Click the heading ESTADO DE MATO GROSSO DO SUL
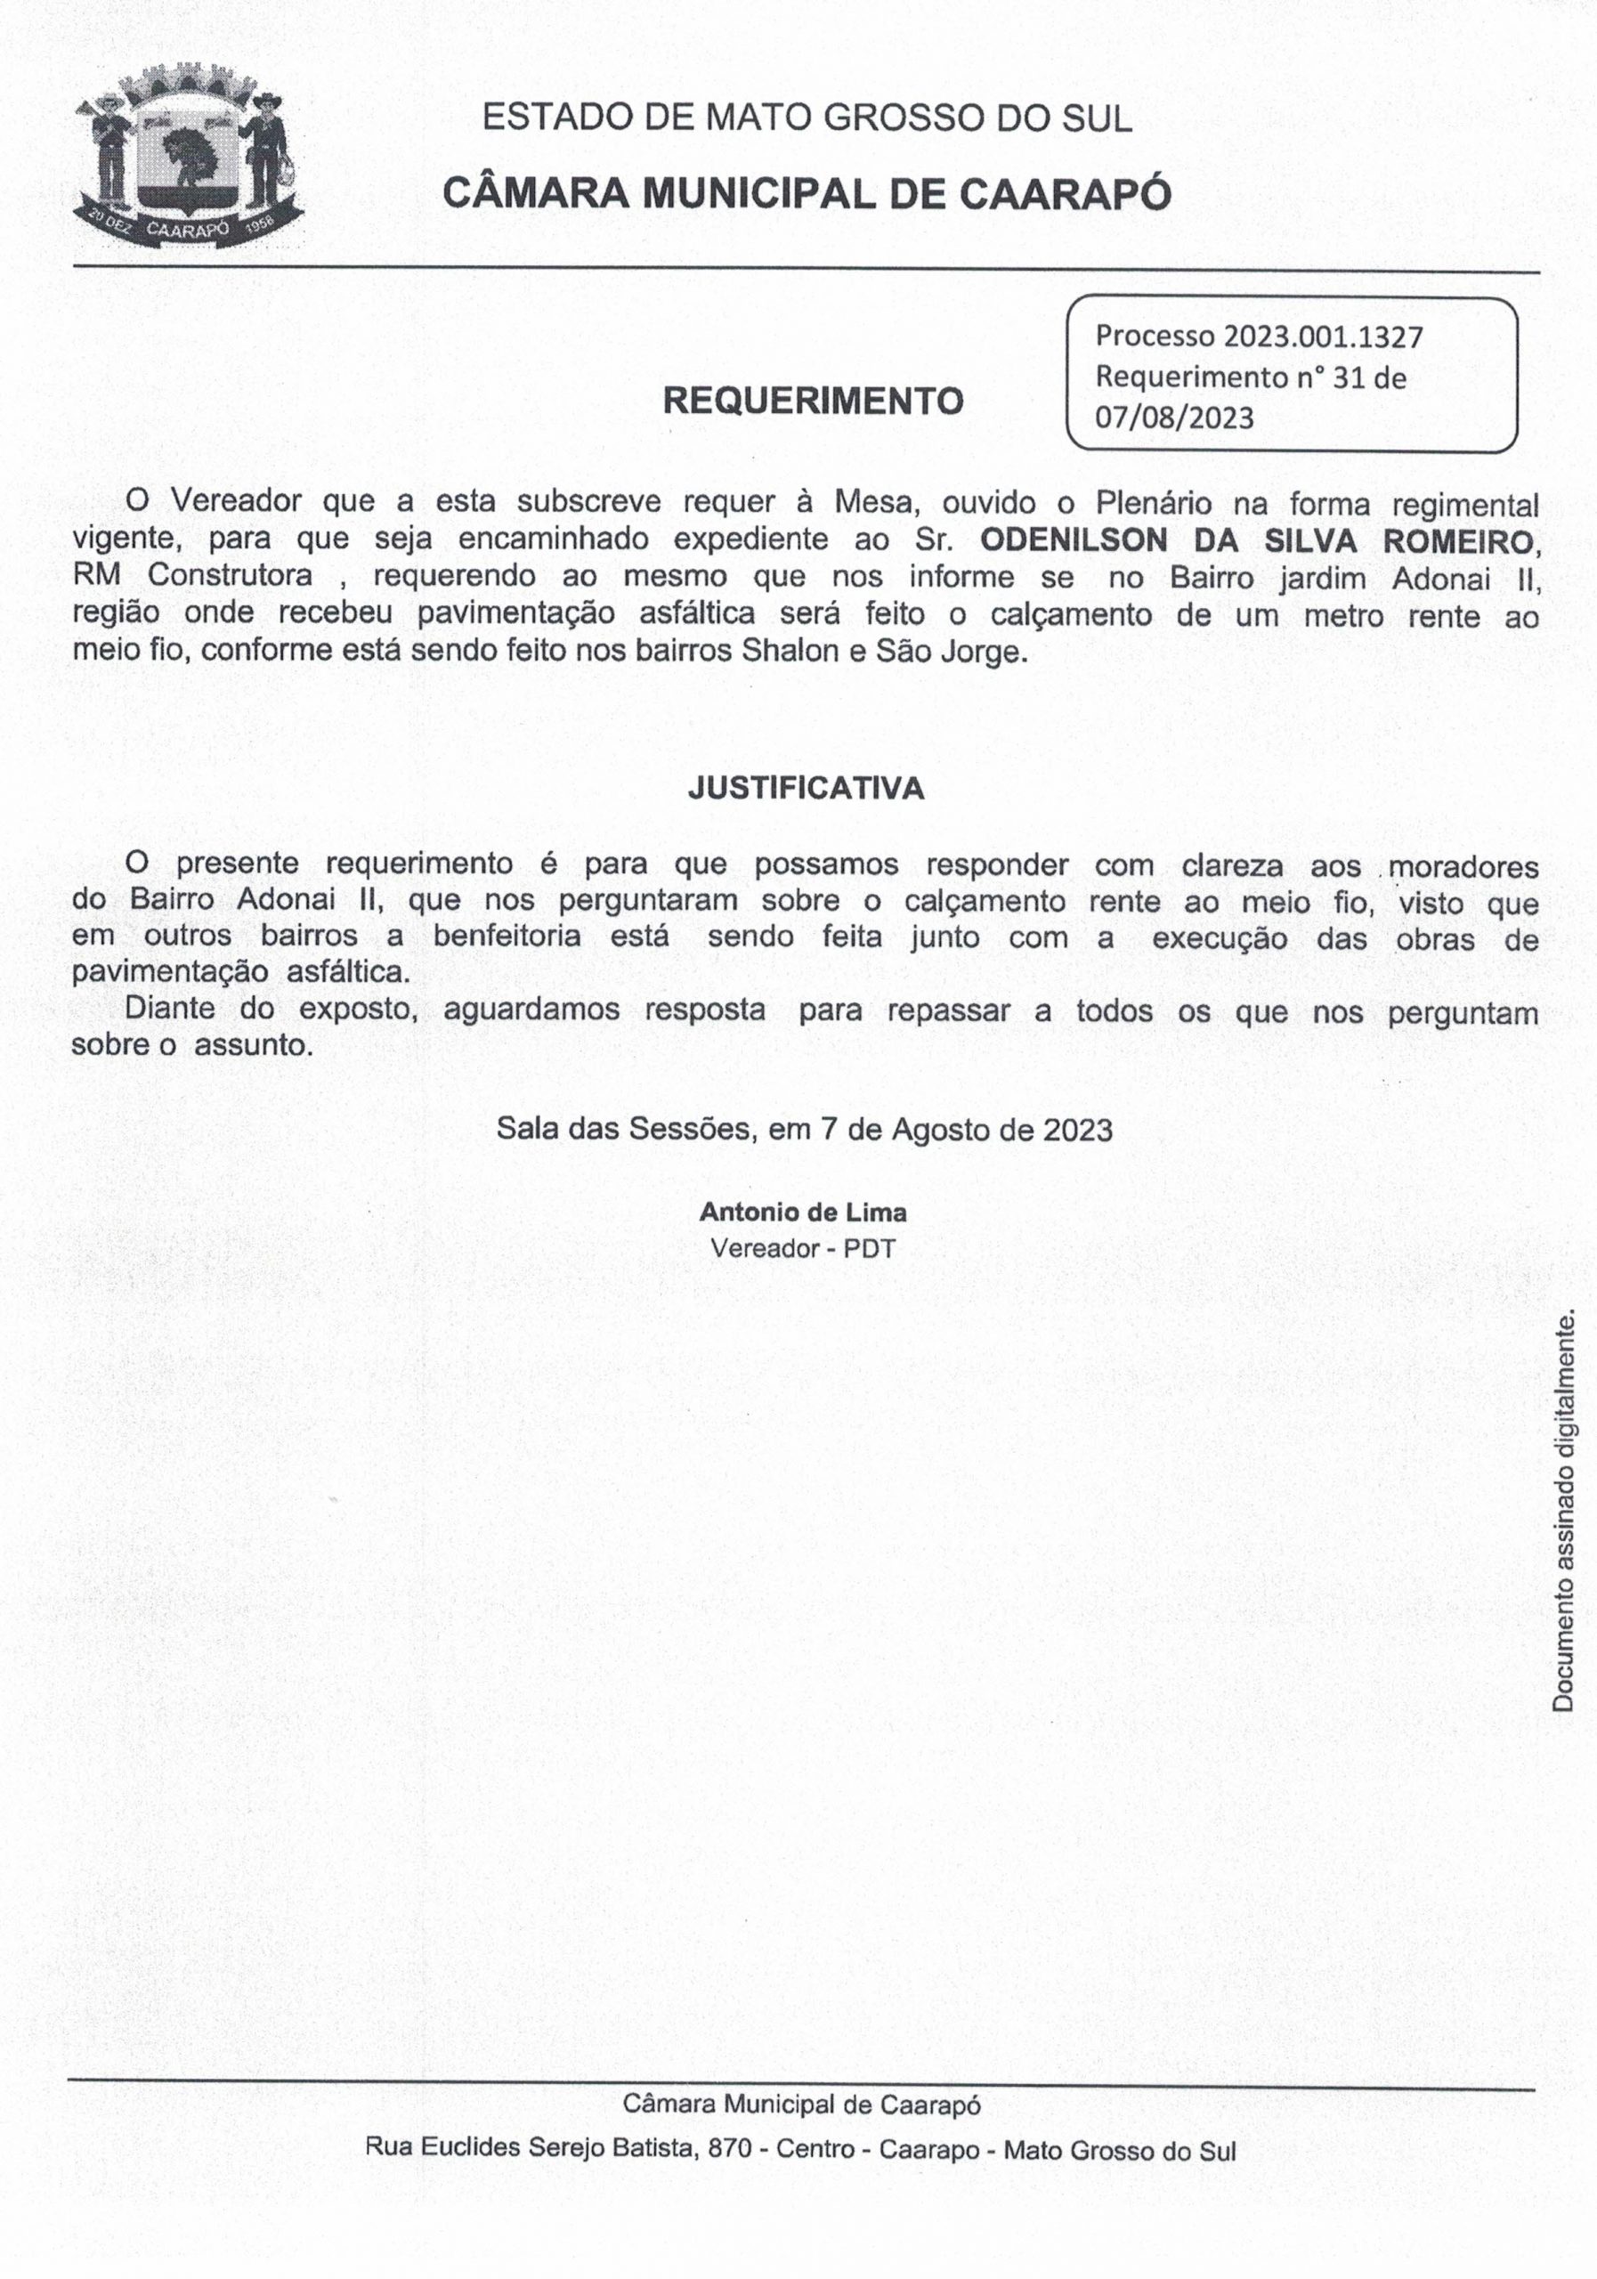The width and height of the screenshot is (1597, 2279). (806, 119)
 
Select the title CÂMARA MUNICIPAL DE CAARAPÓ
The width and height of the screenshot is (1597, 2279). (806, 193)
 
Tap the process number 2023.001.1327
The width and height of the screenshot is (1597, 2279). (1323, 337)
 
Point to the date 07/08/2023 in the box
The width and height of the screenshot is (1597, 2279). (1174, 418)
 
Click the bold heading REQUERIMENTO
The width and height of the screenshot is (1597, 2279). (813, 401)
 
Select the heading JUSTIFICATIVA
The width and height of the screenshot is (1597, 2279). (806, 789)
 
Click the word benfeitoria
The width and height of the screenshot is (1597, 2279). (507, 937)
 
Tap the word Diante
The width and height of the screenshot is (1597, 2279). (170, 1010)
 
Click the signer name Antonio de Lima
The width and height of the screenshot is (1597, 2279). (803, 1212)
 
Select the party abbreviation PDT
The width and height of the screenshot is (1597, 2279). (870, 1249)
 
